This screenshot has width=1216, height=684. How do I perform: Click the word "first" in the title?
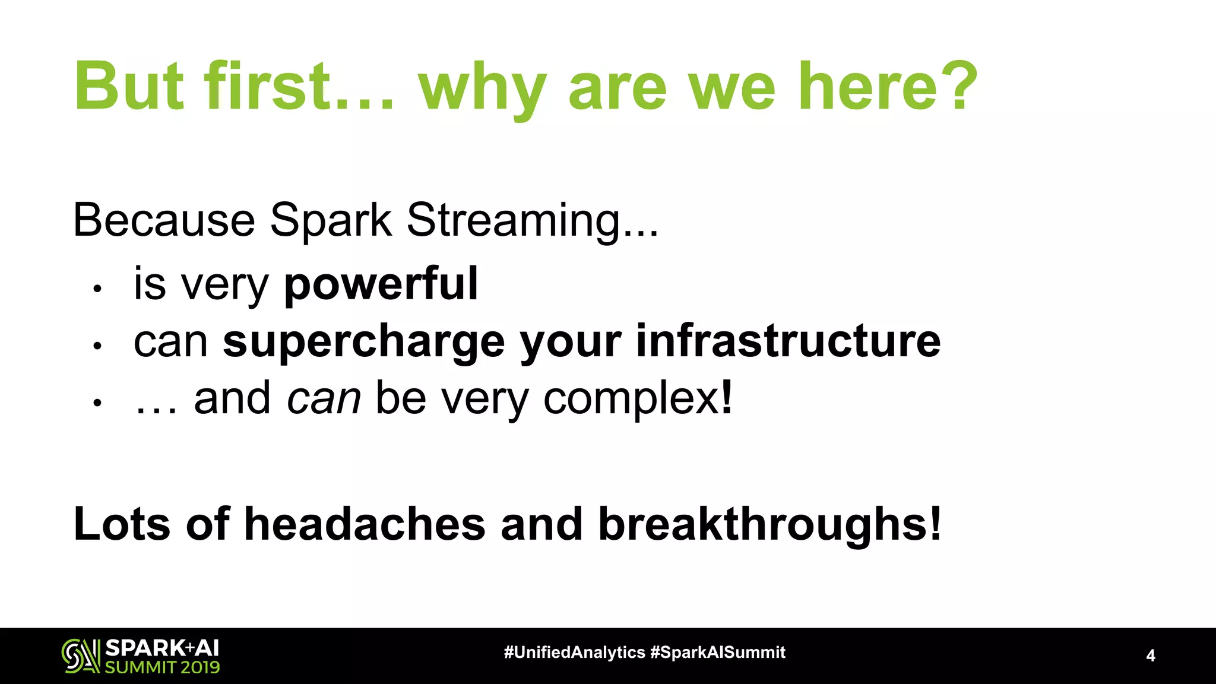coord(267,87)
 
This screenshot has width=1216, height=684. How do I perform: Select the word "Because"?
coord(164,220)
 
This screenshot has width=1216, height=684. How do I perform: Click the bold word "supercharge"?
coord(363,343)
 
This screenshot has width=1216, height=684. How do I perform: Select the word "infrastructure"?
coord(788,341)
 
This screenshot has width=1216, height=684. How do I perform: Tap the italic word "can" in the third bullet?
coord(324,399)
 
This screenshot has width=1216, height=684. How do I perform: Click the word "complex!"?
coord(638,399)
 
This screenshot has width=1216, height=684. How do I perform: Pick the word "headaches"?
coord(365,525)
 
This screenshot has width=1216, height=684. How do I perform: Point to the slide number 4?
coord(1150,656)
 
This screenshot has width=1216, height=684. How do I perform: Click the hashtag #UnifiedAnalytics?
coord(574,653)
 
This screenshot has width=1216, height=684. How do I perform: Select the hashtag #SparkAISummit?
coord(717,653)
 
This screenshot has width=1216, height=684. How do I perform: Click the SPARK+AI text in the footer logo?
coord(161,648)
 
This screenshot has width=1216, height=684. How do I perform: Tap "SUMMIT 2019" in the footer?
coord(162,667)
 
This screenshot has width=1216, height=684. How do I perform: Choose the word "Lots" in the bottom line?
coord(122,525)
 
